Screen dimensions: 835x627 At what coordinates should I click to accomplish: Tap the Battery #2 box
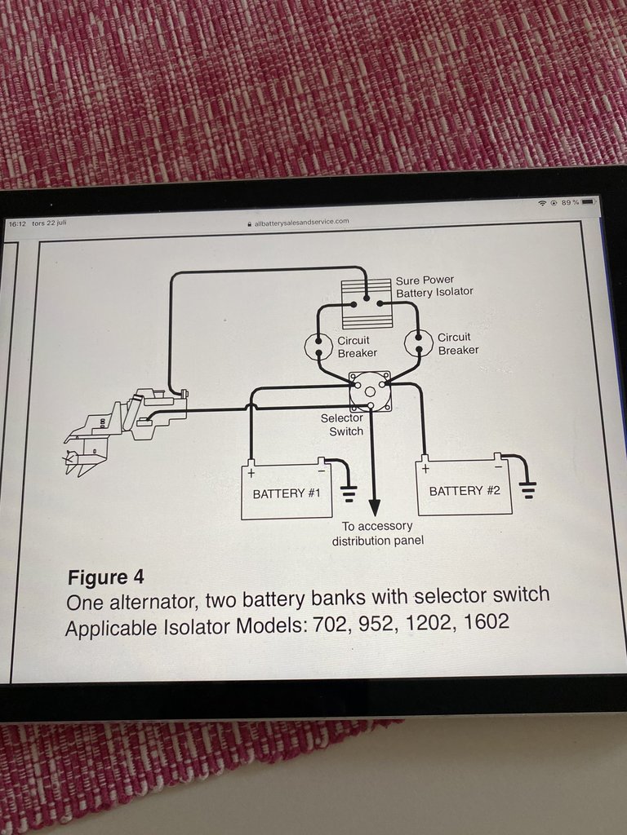click(464, 488)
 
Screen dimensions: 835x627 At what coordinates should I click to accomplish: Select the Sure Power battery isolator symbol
click(367, 291)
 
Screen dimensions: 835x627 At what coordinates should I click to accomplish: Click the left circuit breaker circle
click(318, 346)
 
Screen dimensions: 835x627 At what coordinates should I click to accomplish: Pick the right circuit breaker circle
click(418, 343)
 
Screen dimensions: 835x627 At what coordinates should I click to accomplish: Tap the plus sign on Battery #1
click(251, 472)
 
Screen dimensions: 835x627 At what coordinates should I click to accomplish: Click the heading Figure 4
click(105, 577)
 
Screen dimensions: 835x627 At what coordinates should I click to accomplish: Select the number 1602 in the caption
click(485, 623)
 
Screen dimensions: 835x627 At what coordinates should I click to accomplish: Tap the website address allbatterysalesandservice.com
click(301, 221)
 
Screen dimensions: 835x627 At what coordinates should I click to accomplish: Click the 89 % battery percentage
click(569, 201)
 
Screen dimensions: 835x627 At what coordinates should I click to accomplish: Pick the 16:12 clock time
click(17, 223)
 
